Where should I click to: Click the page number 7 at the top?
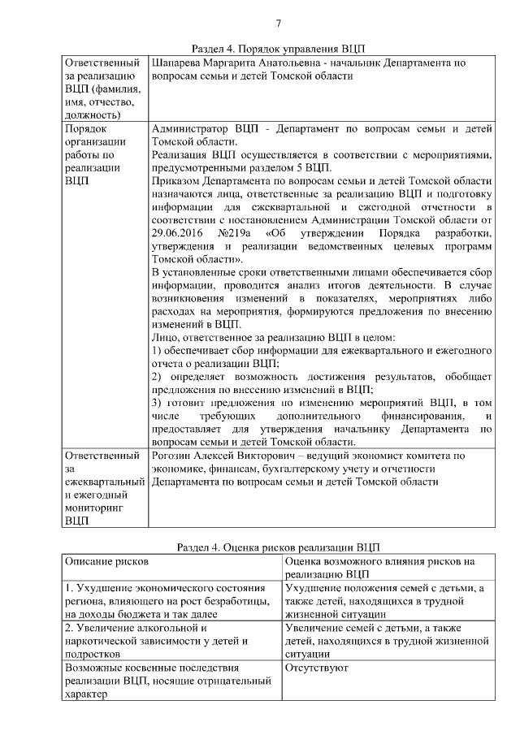coord(278,22)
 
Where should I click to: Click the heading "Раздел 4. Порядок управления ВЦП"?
coord(278,49)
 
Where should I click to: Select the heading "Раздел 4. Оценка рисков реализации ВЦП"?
coord(278,547)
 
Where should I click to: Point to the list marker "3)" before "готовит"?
coord(158,402)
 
